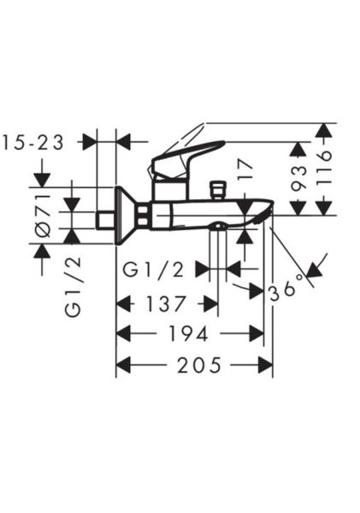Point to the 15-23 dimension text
click(x=34, y=143)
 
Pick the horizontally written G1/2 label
click(x=154, y=269)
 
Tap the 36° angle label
click(x=286, y=290)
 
